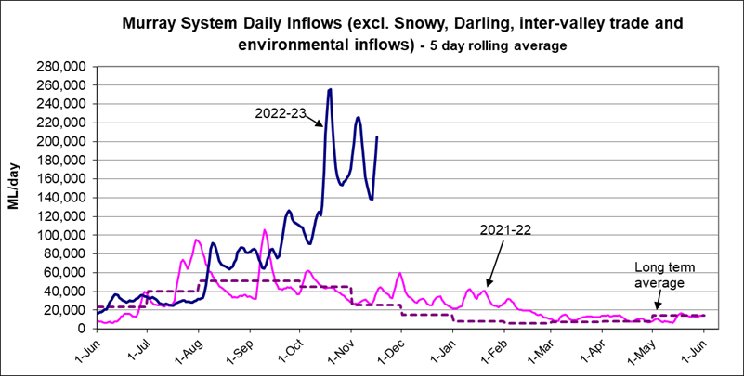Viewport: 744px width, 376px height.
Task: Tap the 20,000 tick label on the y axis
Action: point(64,310)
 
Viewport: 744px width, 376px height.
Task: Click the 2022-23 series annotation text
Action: point(281,112)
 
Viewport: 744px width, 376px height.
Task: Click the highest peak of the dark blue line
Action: point(330,89)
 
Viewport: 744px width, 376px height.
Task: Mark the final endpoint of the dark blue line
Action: point(376,137)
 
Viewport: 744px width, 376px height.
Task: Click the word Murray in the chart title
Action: point(150,24)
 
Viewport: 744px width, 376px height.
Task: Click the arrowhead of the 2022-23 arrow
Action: point(321,124)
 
